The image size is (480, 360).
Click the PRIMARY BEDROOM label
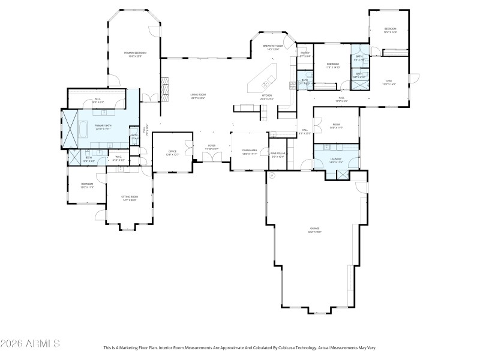coord(135,54)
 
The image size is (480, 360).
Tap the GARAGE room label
coord(315,230)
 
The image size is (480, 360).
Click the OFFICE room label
coord(172,154)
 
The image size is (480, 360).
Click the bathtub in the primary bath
coord(83,128)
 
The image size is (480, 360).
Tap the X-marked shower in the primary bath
coord(70,128)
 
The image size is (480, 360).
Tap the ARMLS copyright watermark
coord(30,344)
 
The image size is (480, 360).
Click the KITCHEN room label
coord(266,97)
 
